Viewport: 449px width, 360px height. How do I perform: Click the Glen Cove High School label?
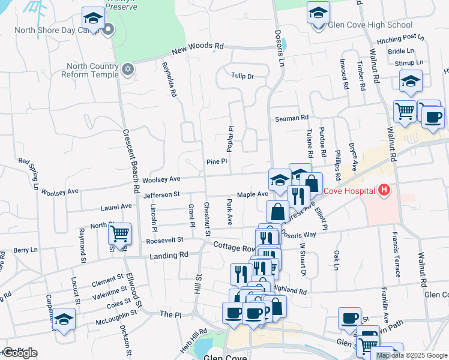click(370, 25)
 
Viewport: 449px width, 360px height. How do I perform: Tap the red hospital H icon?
click(385, 191)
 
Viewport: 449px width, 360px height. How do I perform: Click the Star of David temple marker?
click(127, 70)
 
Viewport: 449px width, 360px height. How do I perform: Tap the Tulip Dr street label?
click(243, 76)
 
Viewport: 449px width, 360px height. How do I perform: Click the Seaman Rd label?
click(291, 118)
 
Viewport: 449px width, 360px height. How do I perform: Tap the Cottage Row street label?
click(235, 247)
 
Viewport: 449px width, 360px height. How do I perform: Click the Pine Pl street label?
click(217, 161)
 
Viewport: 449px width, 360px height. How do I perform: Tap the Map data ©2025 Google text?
click(412, 355)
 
